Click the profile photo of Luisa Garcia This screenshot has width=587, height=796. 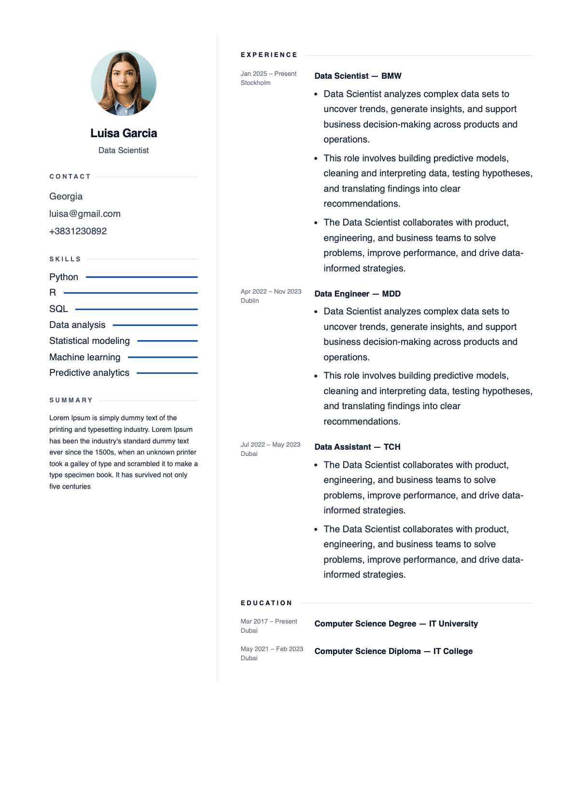coord(124,83)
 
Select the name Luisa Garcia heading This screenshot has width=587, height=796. coord(124,133)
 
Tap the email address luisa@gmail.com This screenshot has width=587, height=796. coord(85,213)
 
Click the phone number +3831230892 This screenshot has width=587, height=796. coord(78,231)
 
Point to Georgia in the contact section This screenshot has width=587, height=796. coord(66,196)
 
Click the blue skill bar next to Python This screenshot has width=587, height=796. coord(141,277)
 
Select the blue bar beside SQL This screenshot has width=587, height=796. coord(136,309)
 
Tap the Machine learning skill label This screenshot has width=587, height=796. coord(85,357)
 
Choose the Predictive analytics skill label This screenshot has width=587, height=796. coord(89,372)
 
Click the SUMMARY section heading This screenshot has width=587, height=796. coord(71,400)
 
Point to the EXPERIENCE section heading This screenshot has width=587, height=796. coord(269,55)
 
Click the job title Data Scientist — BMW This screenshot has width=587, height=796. coord(358,76)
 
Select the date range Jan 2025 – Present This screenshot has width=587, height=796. coord(268,74)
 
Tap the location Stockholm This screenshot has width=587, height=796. coord(255,83)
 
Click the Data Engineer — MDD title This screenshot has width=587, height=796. coord(357,294)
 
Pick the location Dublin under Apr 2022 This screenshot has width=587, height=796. coord(250,301)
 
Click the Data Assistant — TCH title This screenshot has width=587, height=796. coord(357,447)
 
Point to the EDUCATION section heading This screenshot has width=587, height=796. coord(266,603)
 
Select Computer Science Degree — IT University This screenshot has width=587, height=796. coord(396,624)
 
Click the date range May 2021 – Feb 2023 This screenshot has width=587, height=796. coord(272,649)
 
